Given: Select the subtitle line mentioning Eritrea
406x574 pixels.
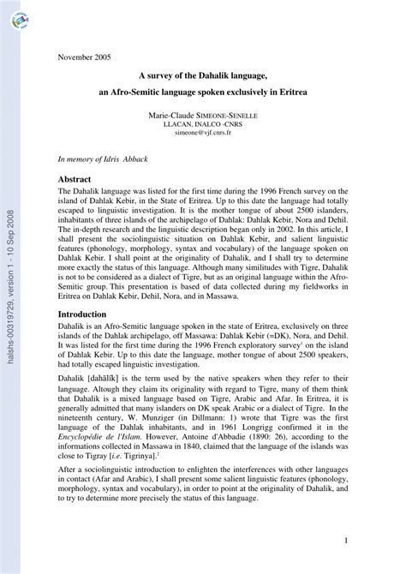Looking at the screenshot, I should pyautogui.click(x=203, y=90).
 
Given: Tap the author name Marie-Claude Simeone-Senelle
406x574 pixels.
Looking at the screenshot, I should pyautogui.click(x=204, y=115).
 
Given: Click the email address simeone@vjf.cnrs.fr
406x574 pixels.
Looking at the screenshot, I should pyautogui.click(x=204, y=135).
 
